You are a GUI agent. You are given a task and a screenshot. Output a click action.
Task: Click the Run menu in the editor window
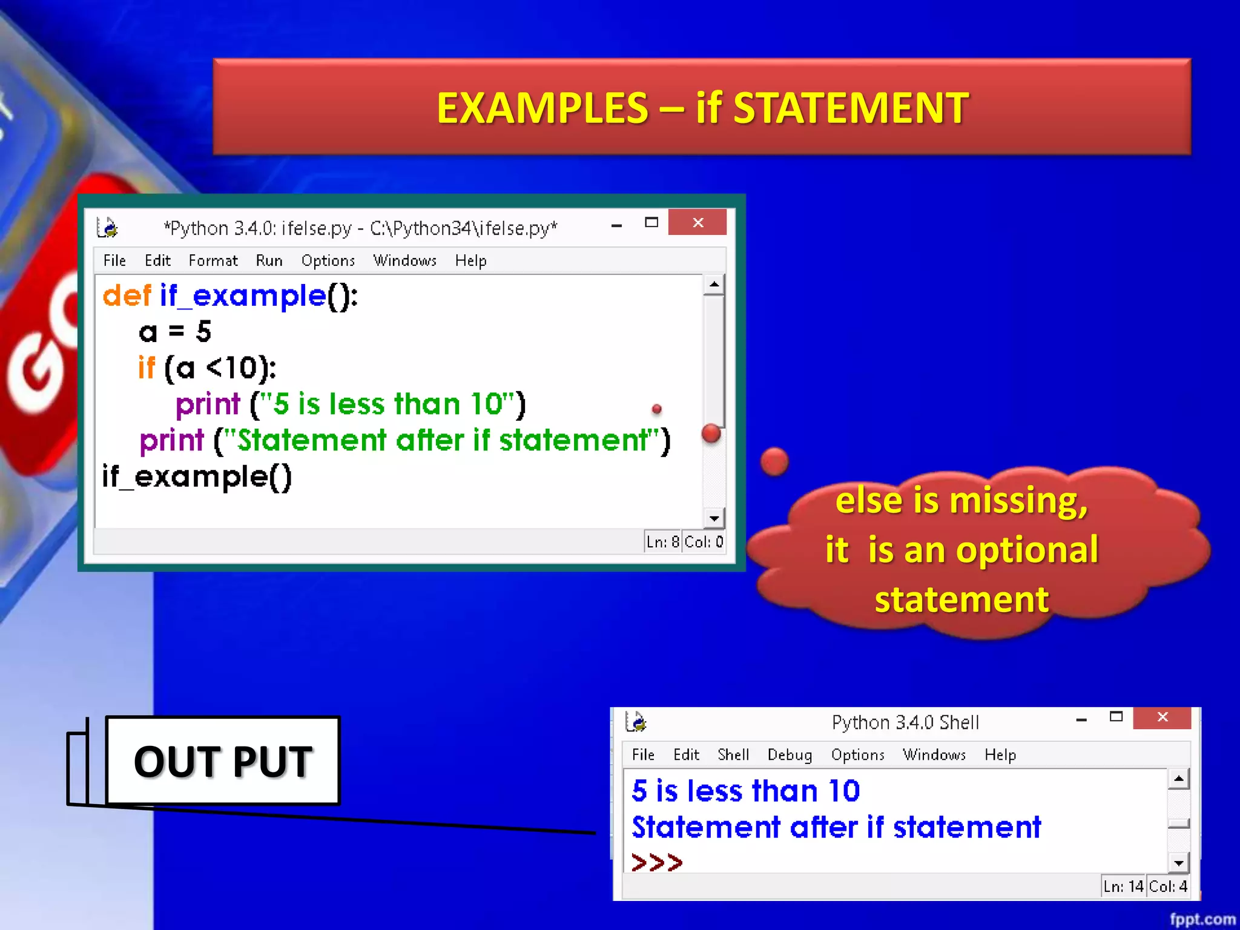tap(269, 260)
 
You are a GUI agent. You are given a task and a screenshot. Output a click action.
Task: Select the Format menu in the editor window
tap(213, 260)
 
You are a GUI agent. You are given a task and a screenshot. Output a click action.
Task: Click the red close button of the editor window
tap(697, 223)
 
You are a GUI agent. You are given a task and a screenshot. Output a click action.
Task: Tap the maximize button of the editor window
tap(651, 223)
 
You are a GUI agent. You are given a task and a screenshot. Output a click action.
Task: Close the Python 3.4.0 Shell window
tap(1162, 717)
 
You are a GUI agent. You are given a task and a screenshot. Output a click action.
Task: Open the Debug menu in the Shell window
tap(790, 755)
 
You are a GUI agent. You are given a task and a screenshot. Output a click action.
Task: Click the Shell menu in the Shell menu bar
tap(733, 755)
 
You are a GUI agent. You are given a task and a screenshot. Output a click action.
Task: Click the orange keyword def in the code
tap(127, 296)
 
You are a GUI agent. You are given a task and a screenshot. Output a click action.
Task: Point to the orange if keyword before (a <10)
tap(147, 368)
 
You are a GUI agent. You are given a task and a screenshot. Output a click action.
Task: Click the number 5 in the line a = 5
tap(203, 332)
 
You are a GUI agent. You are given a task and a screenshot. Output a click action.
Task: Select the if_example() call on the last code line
tap(197, 477)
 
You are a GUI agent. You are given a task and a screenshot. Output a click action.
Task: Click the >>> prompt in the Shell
tap(656, 862)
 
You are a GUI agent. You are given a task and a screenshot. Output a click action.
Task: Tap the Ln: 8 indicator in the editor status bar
tap(663, 541)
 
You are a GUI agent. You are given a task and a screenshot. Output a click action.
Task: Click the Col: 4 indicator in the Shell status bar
tap(1168, 886)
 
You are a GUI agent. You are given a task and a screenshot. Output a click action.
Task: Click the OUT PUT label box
tap(223, 761)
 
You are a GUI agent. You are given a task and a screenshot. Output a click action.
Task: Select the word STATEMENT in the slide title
tap(851, 108)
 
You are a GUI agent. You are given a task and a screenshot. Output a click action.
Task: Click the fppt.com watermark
tap(1202, 919)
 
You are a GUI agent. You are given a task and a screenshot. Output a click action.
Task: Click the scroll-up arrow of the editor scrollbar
tap(714, 285)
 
